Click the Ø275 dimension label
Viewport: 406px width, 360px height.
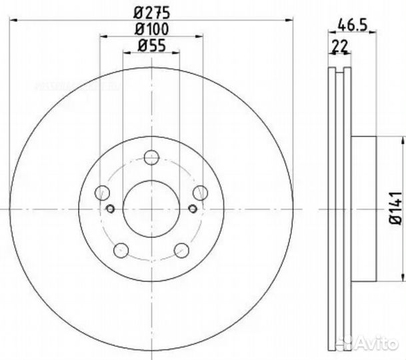tap(151, 11)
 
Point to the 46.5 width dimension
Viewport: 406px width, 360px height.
tap(352, 28)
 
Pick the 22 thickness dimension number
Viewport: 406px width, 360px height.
tap(341, 46)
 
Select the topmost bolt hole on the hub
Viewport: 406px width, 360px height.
tap(152, 157)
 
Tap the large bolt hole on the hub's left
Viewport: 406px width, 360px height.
tap(102, 193)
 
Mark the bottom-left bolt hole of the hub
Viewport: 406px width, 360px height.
tap(121, 251)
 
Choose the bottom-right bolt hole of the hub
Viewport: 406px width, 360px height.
tap(182, 251)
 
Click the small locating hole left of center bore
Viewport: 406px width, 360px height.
tap(111, 209)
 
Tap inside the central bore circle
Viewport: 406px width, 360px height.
tap(151, 209)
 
